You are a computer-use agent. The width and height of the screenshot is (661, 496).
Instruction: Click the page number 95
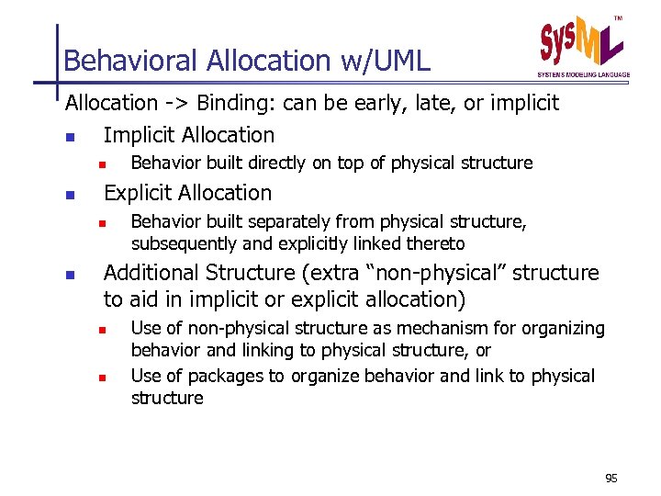(612, 479)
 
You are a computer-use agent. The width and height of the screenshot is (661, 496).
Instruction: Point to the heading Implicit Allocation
(188, 135)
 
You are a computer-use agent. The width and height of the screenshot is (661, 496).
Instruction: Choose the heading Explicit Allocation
(187, 193)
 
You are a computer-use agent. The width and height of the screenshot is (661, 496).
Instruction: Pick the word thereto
(436, 244)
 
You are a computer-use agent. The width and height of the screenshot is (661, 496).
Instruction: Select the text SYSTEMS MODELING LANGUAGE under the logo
(583, 74)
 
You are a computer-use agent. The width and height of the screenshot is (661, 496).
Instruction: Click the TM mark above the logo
(617, 19)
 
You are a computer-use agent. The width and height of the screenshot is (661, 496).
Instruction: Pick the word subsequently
(177, 244)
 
